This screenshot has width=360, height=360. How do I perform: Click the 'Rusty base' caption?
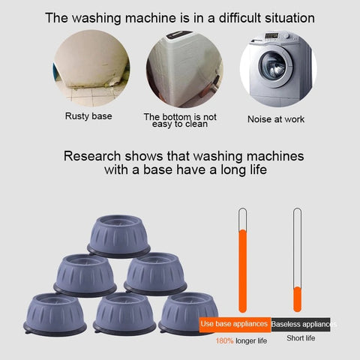(88, 116)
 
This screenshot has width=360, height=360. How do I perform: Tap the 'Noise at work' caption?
(276, 119)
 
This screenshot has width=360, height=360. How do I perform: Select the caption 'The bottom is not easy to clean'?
(180, 120)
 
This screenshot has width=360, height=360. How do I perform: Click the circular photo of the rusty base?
(91, 68)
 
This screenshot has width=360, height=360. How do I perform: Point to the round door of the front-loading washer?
(275, 67)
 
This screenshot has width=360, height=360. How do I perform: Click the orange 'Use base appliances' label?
(235, 325)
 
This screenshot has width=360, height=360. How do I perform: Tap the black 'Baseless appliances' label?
(301, 325)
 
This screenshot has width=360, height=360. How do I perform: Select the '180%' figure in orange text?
(224, 340)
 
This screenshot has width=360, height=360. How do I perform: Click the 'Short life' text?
(301, 338)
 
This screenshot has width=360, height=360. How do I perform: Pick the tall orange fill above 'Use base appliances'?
(243, 271)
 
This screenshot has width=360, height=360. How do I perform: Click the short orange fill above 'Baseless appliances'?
(297, 299)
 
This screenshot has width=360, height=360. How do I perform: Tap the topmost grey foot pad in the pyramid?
(118, 236)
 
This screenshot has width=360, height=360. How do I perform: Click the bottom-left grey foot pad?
(55, 314)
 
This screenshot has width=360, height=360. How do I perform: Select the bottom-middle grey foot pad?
(124, 314)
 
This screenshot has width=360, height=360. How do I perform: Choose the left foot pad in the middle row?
(85, 275)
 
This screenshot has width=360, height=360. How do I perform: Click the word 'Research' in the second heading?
(92, 156)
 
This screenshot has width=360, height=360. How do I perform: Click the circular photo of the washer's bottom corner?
(184, 69)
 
